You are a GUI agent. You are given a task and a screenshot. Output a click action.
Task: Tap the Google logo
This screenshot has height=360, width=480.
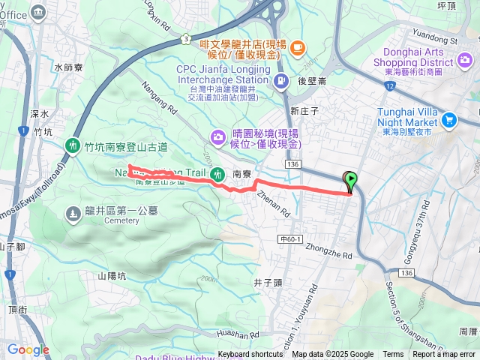click(x=28, y=349)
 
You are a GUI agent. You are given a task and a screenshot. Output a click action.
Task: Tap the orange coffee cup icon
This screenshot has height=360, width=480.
click(x=297, y=48)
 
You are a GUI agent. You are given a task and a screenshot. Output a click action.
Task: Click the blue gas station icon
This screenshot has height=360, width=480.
click(x=280, y=81)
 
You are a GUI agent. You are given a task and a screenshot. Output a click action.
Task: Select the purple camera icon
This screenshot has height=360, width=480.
click(x=217, y=136)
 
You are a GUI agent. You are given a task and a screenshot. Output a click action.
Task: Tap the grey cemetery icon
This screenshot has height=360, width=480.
click(x=73, y=214)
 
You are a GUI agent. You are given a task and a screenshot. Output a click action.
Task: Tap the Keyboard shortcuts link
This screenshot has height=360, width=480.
click(x=250, y=354)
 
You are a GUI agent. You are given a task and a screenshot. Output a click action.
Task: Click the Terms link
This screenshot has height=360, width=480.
click(x=393, y=354)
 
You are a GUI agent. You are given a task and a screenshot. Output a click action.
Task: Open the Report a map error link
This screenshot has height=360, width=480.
click(x=445, y=354)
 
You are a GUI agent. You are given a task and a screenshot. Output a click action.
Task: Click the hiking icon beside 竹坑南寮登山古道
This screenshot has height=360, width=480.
click(x=73, y=144)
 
